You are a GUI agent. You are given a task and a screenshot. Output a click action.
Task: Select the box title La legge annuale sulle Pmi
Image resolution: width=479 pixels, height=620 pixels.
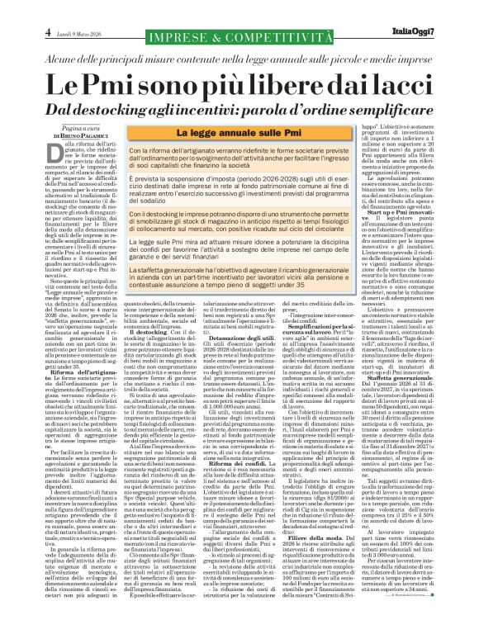coord(239,132)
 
